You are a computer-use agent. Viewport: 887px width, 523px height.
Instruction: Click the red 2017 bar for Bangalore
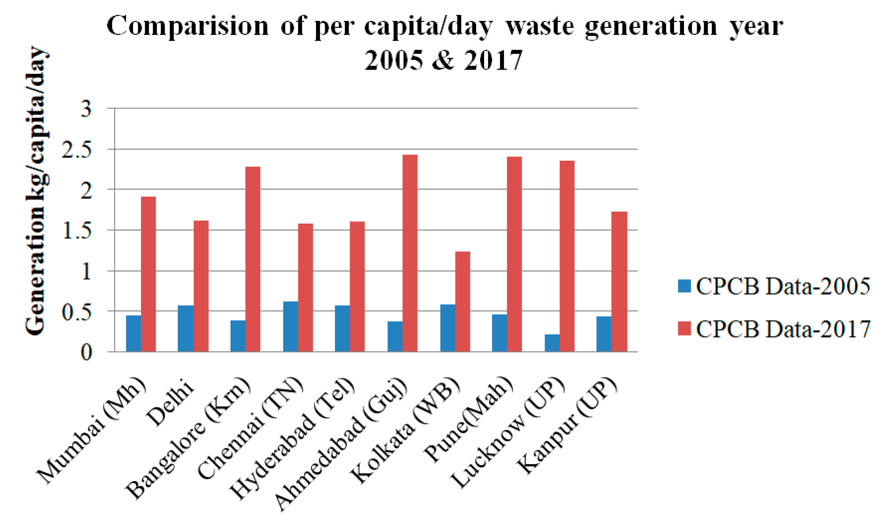pos(253,259)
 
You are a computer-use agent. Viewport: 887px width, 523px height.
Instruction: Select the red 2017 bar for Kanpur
pos(619,282)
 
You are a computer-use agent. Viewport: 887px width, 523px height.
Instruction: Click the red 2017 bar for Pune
pos(514,254)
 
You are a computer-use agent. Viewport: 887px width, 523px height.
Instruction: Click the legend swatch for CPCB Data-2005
pos(684,286)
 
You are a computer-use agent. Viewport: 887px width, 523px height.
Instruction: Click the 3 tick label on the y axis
pos(86,109)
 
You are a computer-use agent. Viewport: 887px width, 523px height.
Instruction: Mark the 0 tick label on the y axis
pos(86,352)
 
